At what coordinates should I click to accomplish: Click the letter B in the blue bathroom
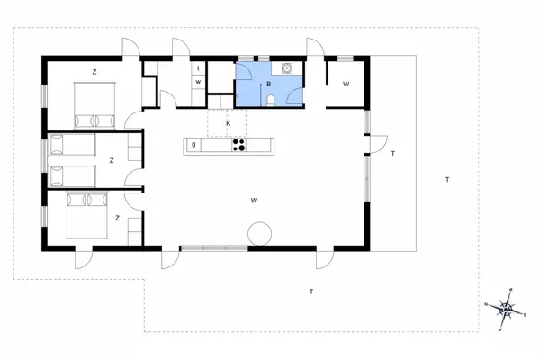(x=268, y=85)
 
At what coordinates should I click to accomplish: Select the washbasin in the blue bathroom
(x=288, y=67)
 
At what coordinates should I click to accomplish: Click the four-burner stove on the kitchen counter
(x=239, y=144)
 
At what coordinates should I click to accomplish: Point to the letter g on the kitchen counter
(x=193, y=144)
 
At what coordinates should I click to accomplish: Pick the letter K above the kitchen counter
(x=229, y=122)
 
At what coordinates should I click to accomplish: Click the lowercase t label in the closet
(x=196, y=68)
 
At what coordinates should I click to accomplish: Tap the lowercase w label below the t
(x=196, y=83)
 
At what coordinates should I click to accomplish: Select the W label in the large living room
(x=255, y=200)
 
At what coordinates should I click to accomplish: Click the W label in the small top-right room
(x=346, y=85)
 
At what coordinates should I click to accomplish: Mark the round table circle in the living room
(x=260, y=232)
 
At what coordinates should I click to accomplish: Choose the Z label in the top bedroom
(x=94, y=70)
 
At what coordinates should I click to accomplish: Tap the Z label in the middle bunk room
(x=112, y=160)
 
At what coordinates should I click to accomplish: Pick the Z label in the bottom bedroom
(x=117, y=217)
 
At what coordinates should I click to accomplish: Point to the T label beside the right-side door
(x=393, y=154)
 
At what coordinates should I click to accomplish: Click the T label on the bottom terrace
(x=310, y=292)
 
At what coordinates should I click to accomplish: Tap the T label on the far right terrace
(x=446, y=180)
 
